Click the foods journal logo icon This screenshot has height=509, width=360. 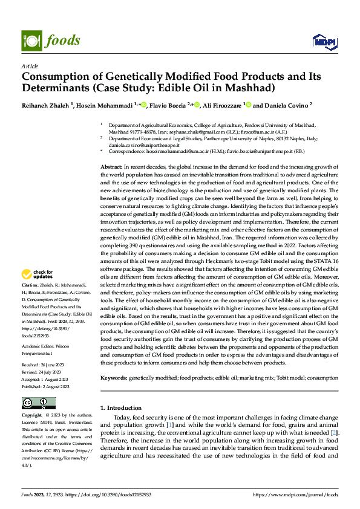tap(30, 41)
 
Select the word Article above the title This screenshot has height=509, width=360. tap(30, 66)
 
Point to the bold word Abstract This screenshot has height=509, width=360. tap(111, 166)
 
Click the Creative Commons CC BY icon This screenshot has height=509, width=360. tap(38, 403)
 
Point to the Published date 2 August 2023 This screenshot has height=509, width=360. tap(45, 386)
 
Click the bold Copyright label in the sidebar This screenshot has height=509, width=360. tap(31, 416)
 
